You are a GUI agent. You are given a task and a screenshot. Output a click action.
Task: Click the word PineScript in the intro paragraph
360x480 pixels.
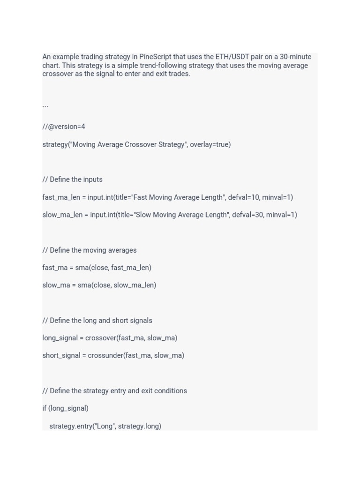(x=155, y=57)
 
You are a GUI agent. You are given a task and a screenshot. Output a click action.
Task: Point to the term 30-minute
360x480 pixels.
(x=295, y=57)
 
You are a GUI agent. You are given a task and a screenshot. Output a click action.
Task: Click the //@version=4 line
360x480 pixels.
(x=64, y=127)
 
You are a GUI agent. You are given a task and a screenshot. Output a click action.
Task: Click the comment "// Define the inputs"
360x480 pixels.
(x=72, y=180)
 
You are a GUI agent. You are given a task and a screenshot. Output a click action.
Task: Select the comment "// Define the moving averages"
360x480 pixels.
(x=89, y=250)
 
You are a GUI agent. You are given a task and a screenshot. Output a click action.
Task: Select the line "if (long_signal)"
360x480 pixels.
(x=65, y=408)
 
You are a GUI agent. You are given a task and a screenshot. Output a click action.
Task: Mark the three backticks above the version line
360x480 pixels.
(x=45, y=107)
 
